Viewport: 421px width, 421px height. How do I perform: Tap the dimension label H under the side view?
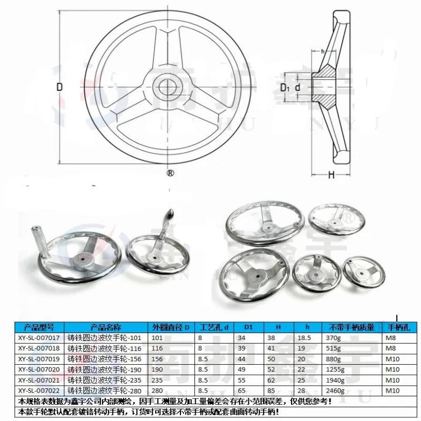pyautogui.click(x=331, y=176)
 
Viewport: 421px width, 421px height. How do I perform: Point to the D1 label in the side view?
pyautogui.click(x=285, y=87)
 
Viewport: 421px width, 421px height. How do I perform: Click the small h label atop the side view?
pyautogui.click(x=322, y=51)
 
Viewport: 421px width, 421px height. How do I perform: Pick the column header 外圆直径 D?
pyautogui.click(x=170, y=327)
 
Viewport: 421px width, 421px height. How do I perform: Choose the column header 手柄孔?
pyautogui.click(x=397, y=327)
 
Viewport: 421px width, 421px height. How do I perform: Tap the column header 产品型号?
pyautogui.click(x=39, y=327)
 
